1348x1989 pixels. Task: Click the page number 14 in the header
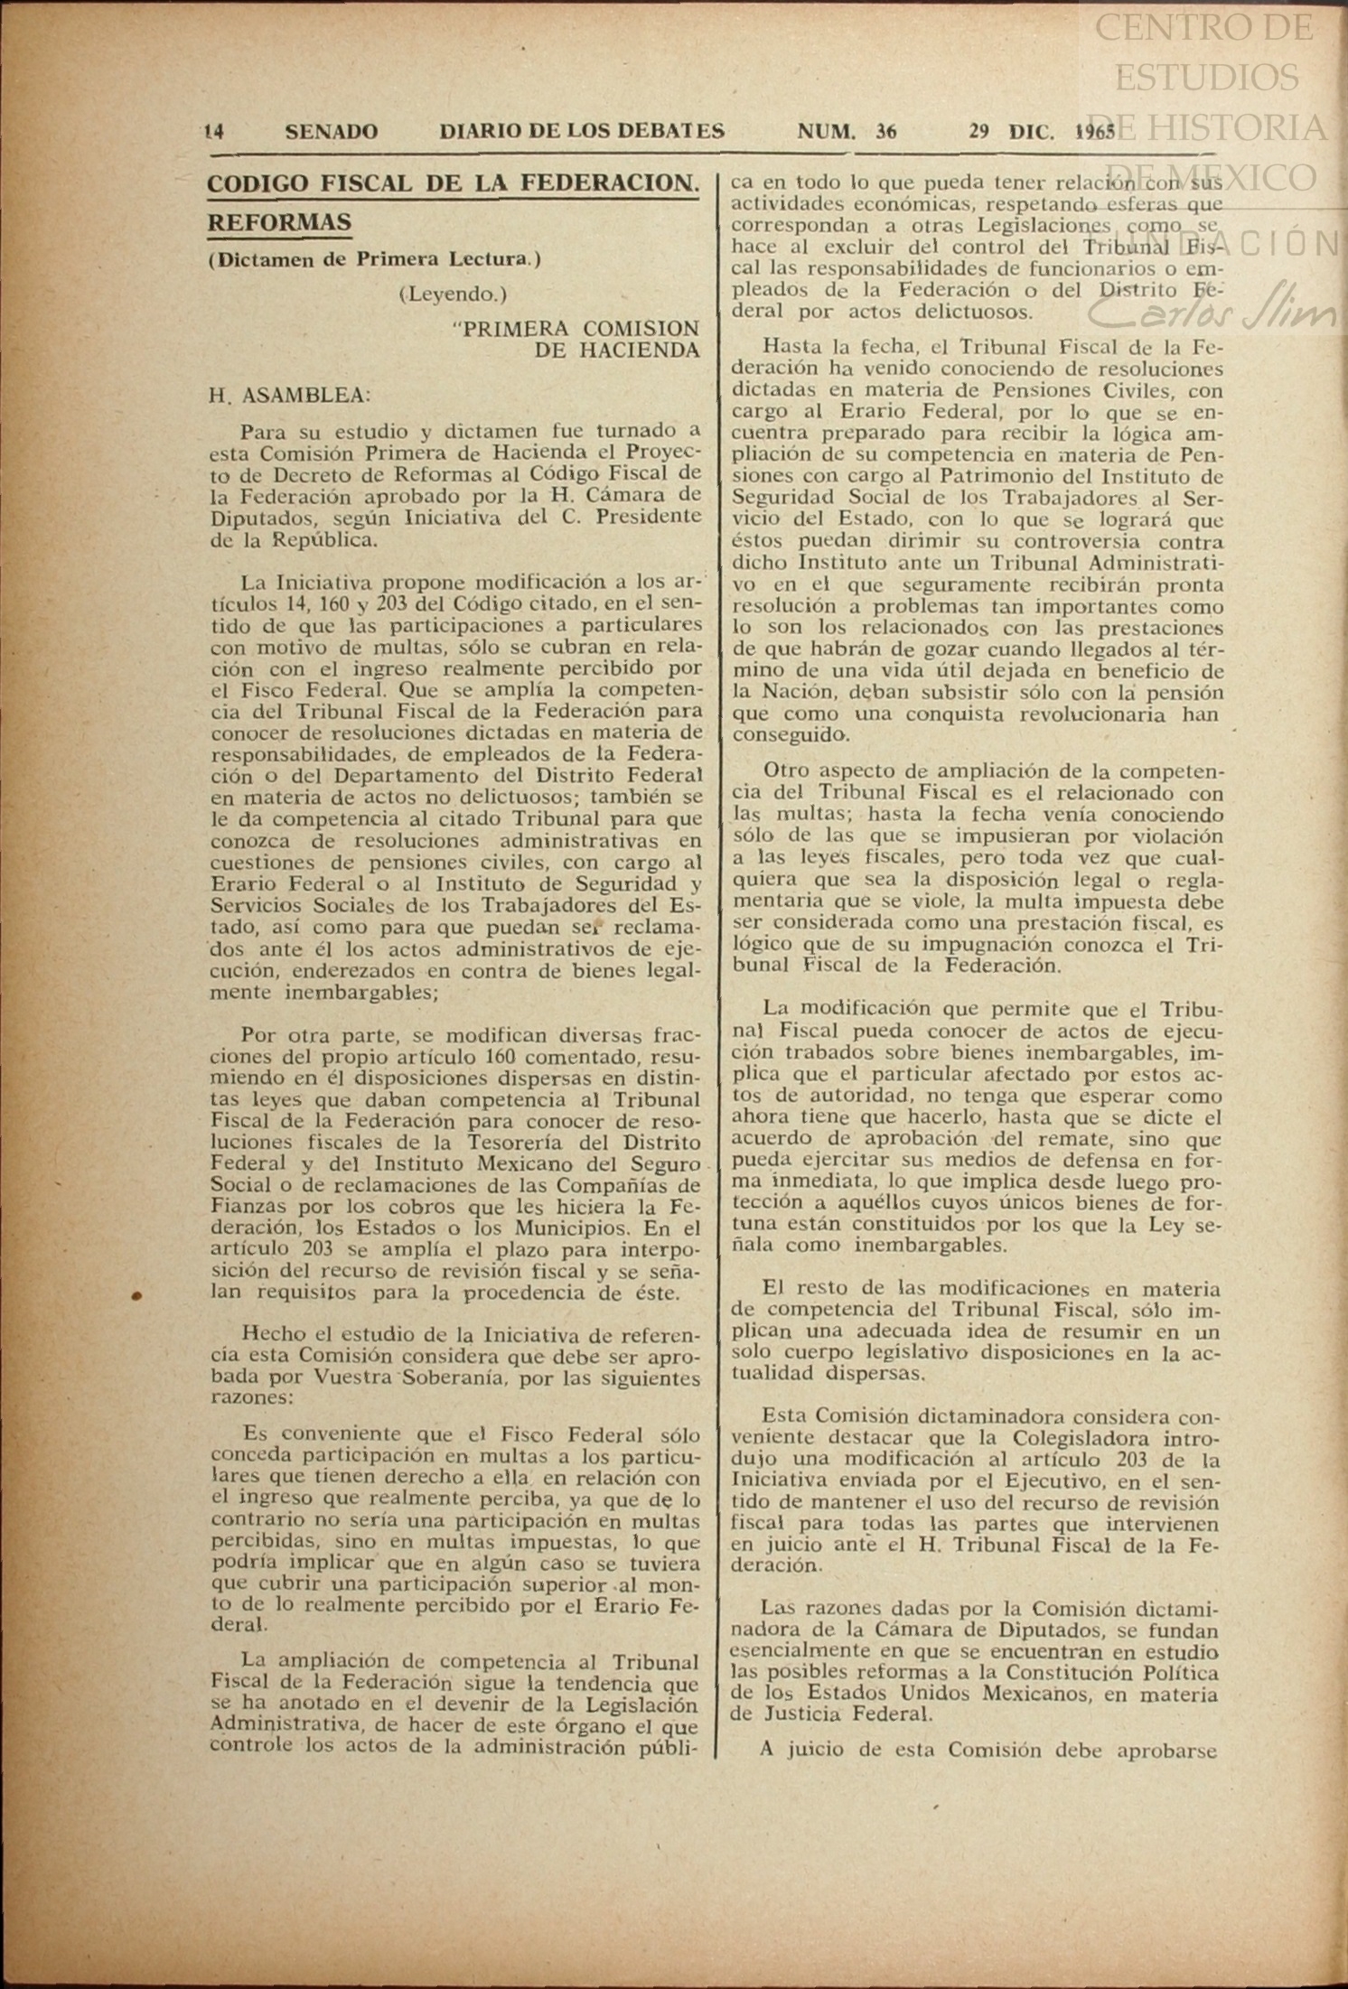[214, 132]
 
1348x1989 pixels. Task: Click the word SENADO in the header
[331, 132]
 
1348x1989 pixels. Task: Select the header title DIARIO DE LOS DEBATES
[582, 132]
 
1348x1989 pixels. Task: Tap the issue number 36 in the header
[885, 132]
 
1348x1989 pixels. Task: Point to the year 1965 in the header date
[1094, 132]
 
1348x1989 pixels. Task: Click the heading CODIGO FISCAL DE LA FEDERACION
[453, 183]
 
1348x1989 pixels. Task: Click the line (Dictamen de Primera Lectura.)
[374, 259]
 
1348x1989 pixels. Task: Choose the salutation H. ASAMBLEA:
[289, 395]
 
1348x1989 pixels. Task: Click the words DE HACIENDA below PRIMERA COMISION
[616, 350]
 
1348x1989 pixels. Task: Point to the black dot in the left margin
[136, 1296]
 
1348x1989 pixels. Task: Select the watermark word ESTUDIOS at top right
[1206, 78]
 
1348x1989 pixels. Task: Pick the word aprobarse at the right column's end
[1169, 1750]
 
